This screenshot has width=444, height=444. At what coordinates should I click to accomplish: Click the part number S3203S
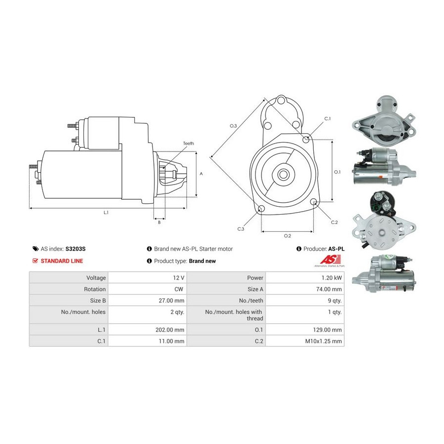(x=75, y=249)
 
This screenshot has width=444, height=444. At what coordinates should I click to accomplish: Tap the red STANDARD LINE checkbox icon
(x=35, y=261)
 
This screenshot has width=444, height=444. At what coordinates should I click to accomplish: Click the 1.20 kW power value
(x=332, y=278)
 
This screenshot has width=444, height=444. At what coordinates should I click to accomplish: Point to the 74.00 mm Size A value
(x=329, y=289)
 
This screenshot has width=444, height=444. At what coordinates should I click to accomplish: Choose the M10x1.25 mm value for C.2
(x=323, y=341)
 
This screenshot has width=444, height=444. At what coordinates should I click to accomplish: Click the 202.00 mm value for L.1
(x=170, y=330)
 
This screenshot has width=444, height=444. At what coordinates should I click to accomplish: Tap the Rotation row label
(x=95, y=289)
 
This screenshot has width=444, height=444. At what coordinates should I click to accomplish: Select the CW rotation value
(x=179, y=289)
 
